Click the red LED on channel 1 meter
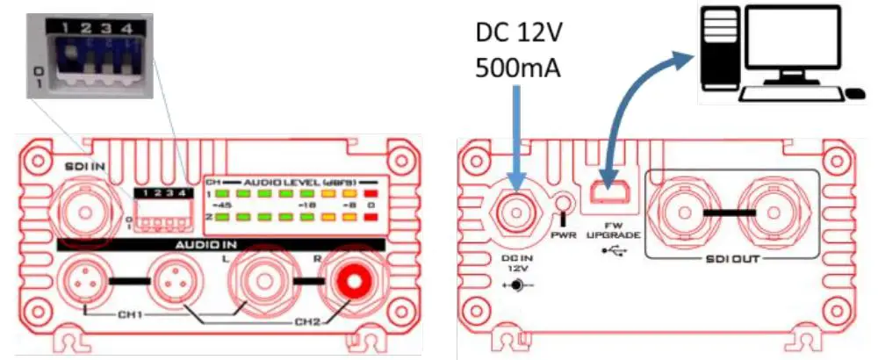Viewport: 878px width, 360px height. coord(372,193)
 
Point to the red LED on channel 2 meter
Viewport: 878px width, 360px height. coord(372,216)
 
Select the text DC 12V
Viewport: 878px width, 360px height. coord(519,32)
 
